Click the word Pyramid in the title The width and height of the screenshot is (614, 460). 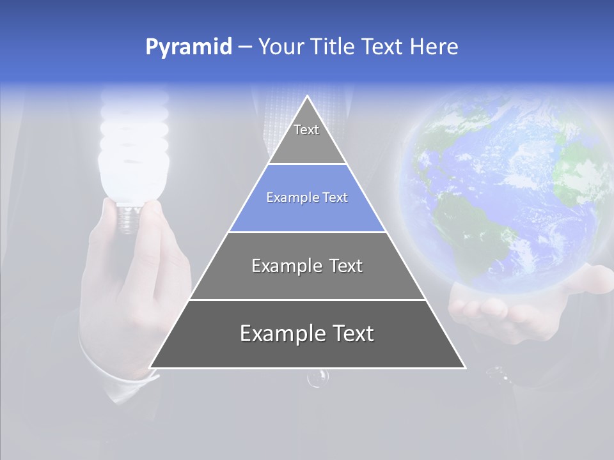(188, 47)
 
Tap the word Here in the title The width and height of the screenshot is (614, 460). (434, 47)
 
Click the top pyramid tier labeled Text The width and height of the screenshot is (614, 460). (306, 137)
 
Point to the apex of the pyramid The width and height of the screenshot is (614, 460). (307, 97)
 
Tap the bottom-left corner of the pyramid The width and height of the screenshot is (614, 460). (152, 367)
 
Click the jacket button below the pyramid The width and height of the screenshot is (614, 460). (318, 378)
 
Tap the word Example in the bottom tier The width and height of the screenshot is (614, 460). (278, 333)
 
